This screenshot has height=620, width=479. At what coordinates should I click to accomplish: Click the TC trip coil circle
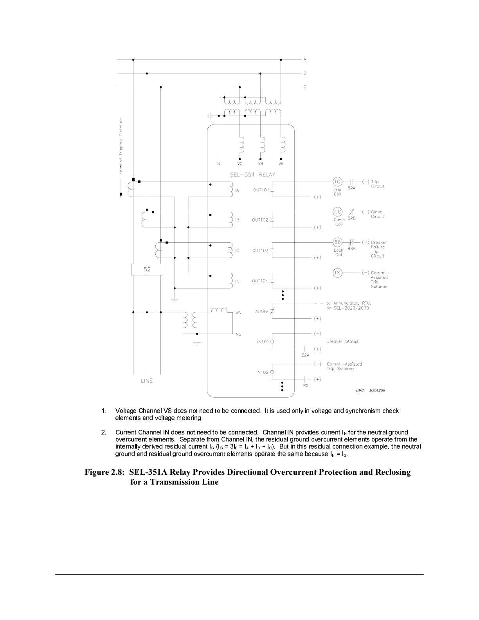337,182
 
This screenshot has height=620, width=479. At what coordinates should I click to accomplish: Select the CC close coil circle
337,212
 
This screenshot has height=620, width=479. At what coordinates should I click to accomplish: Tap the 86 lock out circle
337,242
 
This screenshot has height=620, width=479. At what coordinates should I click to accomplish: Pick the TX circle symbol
337,273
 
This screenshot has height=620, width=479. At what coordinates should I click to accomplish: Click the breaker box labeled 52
147,270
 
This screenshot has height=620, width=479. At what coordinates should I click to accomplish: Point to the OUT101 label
261,190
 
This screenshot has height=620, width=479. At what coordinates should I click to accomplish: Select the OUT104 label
260,281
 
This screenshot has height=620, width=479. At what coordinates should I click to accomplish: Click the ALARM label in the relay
262,312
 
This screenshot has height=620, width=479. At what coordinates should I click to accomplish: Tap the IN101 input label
263,342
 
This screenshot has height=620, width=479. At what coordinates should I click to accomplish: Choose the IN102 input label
262,372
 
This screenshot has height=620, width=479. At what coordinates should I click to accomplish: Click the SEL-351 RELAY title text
252,175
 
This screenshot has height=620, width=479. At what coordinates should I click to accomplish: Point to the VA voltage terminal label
281,164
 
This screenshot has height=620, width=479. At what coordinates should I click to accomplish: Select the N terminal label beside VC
219,164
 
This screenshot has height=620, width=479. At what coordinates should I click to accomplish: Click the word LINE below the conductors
147,381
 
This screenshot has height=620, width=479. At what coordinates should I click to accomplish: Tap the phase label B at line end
305,73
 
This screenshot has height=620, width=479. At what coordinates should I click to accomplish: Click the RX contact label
306,386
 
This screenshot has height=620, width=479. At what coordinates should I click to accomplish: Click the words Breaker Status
342,341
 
